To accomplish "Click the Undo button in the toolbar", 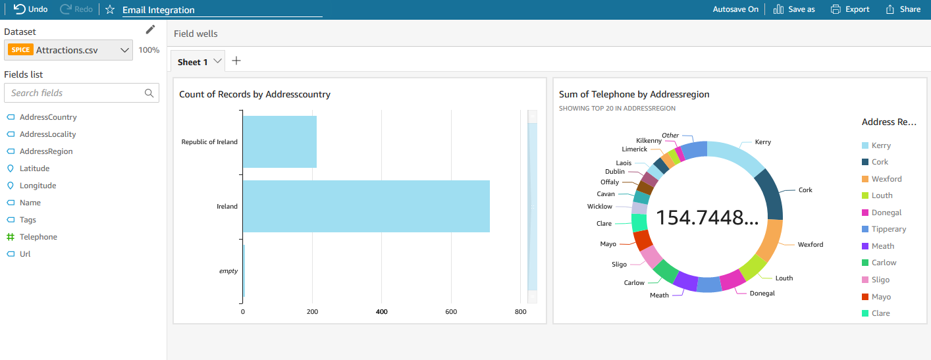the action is tap(30, 9).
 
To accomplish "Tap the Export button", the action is tap(850, 9).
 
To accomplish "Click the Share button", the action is tap(903, 9).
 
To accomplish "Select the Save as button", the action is tap(794, 9).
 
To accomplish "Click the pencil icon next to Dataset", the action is tap(150, 30).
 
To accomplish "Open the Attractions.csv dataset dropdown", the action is tap(68, 50).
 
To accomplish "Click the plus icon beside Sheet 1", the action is tap(236, 61).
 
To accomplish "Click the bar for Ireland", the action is tap(366, 206).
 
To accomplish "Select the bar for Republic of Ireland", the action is tap(280, 141).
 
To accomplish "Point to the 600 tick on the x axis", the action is tap(451, 311).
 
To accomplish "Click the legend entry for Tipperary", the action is tap(884, 229).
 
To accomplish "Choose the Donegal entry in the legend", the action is tap(882, 213).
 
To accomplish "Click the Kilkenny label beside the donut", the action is tap(649, 140).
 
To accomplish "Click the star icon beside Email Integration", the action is tap(110, 10).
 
